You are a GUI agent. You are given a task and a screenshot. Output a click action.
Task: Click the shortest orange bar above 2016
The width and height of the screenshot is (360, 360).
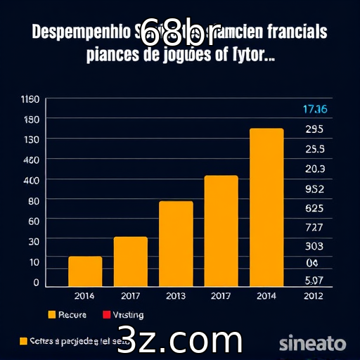coord(85,271)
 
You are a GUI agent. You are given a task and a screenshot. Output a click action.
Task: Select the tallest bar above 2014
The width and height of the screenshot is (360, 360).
coord(266,207)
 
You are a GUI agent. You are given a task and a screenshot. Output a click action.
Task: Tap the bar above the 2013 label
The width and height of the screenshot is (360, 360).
coord(176,244)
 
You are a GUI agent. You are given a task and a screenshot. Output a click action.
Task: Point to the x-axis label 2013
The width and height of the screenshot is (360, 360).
coord(176,296)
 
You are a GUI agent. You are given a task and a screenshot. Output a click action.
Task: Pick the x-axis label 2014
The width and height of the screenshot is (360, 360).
coord(266,296)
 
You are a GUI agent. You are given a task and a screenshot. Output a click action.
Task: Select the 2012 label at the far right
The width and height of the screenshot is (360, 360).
coord(313,296)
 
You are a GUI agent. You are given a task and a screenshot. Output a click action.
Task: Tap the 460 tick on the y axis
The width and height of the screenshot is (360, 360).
coord(31,160)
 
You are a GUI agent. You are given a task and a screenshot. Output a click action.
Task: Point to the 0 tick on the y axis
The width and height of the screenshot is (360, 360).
coord(36,282)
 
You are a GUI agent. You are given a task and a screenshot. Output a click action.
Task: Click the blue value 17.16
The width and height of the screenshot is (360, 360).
coord(314,109)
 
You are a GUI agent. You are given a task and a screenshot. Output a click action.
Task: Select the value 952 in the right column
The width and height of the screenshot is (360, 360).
coord(314,188)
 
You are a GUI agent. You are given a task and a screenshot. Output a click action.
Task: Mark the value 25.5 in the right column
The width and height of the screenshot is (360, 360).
coord(314,149)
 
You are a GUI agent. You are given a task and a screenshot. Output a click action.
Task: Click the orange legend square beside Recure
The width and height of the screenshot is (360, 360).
coord(52,314)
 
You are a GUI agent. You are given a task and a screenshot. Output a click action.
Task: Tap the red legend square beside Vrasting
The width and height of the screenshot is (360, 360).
coord(108,314)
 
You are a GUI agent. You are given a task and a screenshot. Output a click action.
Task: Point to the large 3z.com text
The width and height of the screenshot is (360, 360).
coord(179,340)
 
